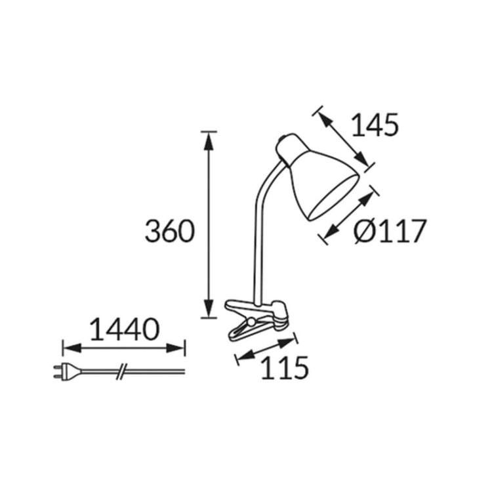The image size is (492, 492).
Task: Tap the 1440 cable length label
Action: click(x=124, y=329)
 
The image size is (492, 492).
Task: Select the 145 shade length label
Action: click(x=375, y=125)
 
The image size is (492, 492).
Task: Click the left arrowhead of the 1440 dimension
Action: click(x=68, y=348)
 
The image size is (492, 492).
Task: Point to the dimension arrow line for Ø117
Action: click(x=352, y=215)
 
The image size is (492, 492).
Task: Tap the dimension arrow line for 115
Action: click(x=266, y=348)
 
